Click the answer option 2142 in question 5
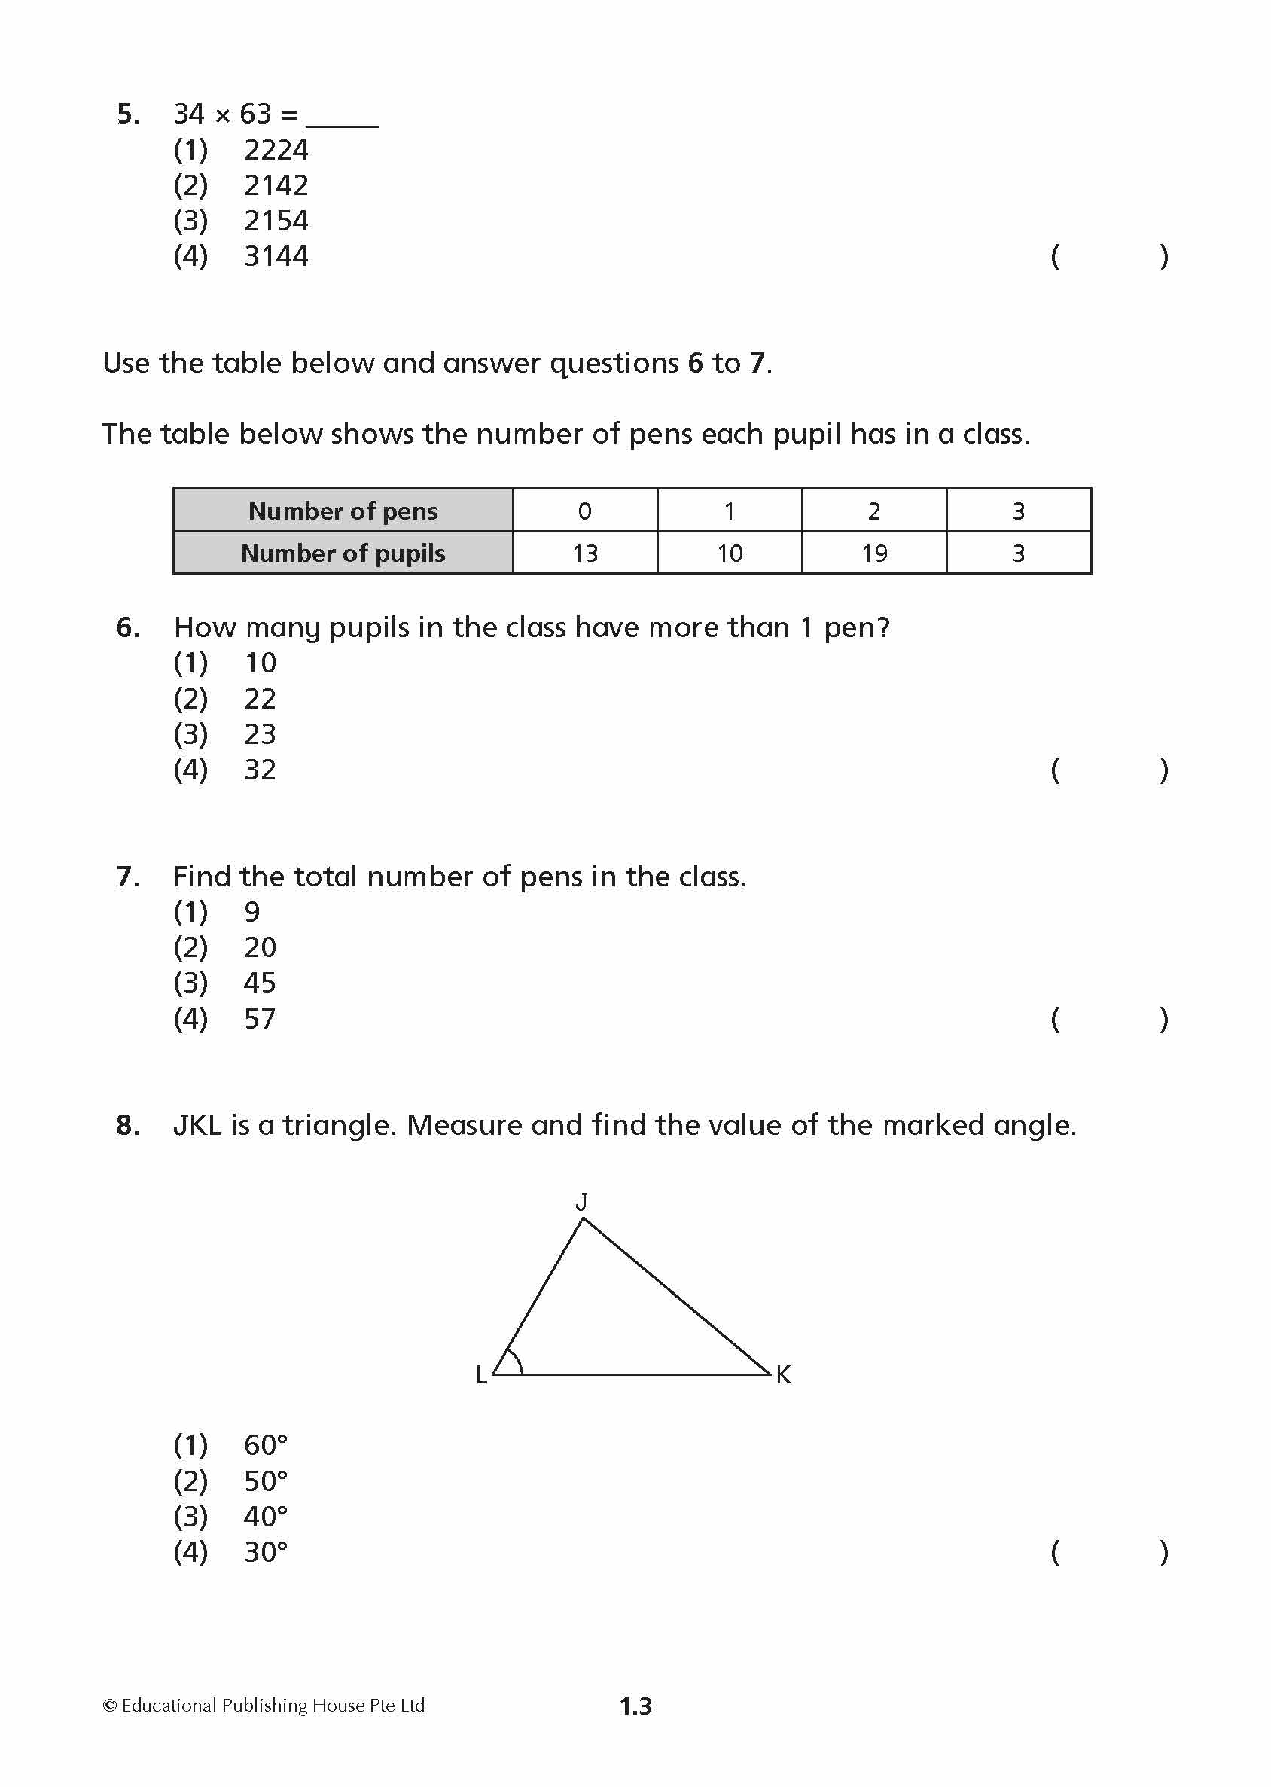click(x=276, y=185)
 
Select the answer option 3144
click(x=276, y=257)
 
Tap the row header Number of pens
click(x=343, y=511)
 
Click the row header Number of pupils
click(x=343, y=553)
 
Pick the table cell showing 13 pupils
click(x=584, y=553)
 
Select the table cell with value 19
click(x=874, y=553)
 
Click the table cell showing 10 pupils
click(x=730, y=553)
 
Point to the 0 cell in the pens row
click(x=584, y=511)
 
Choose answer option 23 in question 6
click(x=260, y=734)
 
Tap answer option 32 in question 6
click(x=260, y=770)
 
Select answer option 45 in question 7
click(x=260, y=983)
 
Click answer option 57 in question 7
click(x=260, y=1019)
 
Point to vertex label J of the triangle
click(x=581, y=1202)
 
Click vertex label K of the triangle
click(x=783, y=1374)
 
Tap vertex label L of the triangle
click(x=481, y=1375)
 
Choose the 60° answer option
click(x=265, y=1446)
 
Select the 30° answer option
click(x=265, y=1553)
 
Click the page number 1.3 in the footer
click(x=635, y=1706)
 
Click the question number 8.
click(x=127, y=1126)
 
